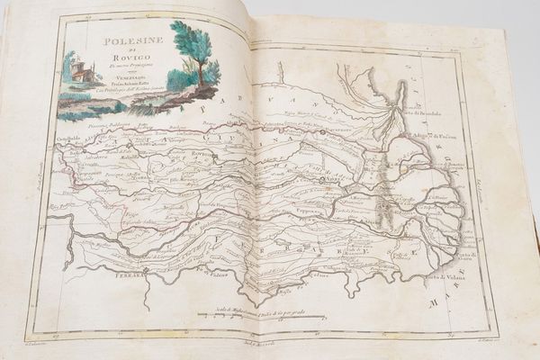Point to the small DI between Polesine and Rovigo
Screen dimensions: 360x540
pos(118,50)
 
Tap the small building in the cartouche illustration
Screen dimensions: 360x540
pos(84,73)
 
